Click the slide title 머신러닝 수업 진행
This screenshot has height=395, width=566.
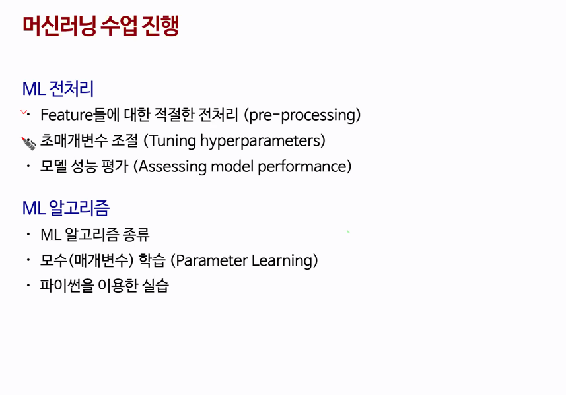[100, 26]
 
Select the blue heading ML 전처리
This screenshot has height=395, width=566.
[58, 88]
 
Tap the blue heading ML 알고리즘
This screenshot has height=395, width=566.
[65, 208]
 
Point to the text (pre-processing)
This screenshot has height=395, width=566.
[302, 115]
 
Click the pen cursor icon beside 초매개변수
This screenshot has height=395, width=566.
[28, 144]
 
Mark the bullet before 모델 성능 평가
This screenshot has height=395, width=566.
[28, 166]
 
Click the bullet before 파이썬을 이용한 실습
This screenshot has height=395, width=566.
[28, 286]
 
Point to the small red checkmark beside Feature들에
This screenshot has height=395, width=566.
[24, 113]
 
